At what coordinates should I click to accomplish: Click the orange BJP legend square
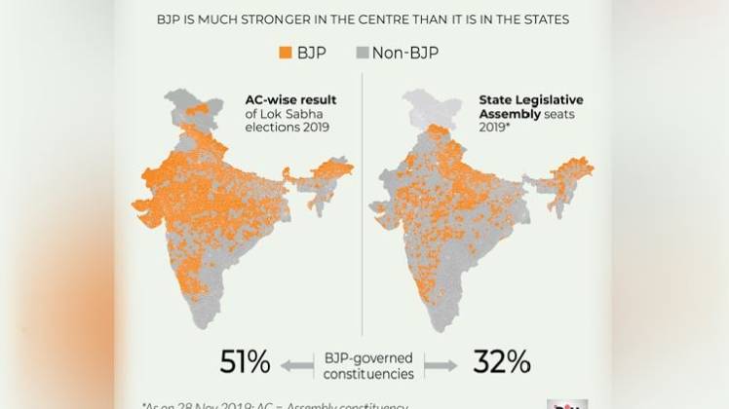tap(286, 52)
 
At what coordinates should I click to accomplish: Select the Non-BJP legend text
tap(404, 52)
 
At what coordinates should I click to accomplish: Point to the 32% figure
tap(501, 362)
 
